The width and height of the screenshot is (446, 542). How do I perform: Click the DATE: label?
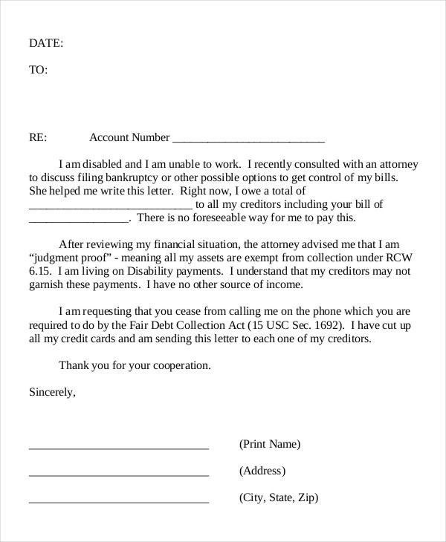click(46, 43)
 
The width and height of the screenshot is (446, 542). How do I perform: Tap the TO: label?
click(38, 70)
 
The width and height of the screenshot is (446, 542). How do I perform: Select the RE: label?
click(38, 137)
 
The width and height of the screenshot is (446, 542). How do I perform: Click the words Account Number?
click(129, 137)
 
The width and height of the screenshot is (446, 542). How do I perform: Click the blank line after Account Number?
click(248, 140)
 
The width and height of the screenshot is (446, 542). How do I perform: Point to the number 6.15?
click(39, 271)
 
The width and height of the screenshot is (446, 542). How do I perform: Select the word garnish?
click(48, 284)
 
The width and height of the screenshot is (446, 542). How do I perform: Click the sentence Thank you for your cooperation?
click(135, 365)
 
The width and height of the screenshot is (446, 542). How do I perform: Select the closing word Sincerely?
click(52, 392)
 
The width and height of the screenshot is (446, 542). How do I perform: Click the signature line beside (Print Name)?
click(119, 448)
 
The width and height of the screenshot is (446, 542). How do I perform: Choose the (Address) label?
click(262, 471)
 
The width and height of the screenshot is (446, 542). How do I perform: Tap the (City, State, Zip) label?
click(278, 497)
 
